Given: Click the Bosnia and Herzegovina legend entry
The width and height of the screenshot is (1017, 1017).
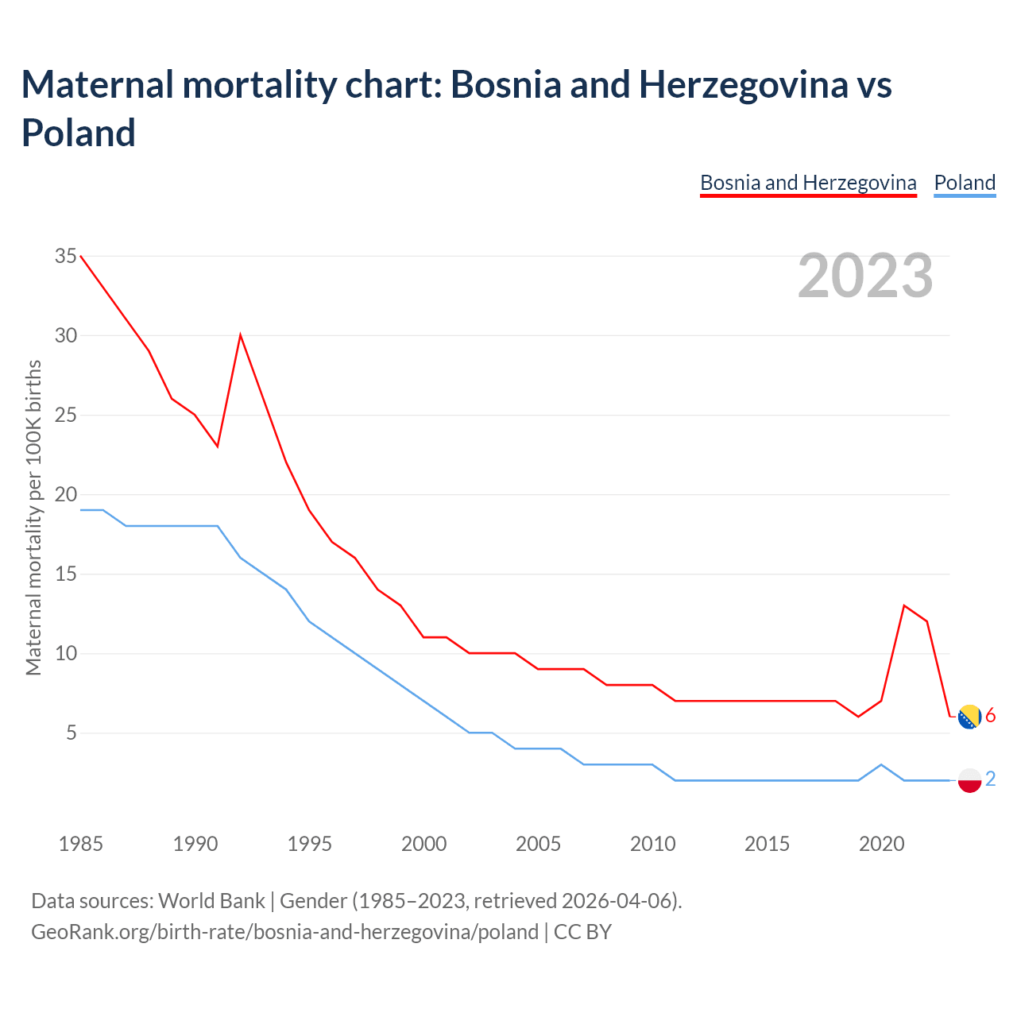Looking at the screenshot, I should pyautogui.click(x=808, y=183).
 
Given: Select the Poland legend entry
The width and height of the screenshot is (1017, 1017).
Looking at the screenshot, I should pyautogui.click(x=965, y=183).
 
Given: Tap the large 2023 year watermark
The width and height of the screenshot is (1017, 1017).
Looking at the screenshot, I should pyautogui.click(x=865, y=276).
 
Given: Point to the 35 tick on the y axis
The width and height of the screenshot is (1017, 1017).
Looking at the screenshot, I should pyautogui.click(x=66, y=256).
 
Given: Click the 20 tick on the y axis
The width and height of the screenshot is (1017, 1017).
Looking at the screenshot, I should pyautogui.click(x=66, y=494).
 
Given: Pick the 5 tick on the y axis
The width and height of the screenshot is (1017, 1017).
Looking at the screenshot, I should pyautogui.click(x=72, y=733).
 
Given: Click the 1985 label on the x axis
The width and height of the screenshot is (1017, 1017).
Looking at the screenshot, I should pyautogui.click(x=81, y=844).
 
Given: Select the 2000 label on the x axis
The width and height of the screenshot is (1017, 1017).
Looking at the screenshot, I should pyautogui.click(x=424, y=844).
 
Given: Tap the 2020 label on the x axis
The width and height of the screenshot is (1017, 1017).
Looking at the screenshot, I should pyautogui.click(x=882, y=844).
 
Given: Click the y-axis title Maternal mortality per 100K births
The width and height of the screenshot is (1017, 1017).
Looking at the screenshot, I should pyautogui.click(x=33, y=518).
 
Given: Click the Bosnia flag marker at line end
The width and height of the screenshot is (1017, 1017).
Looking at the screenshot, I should pyautogui.click(x=969, y=717).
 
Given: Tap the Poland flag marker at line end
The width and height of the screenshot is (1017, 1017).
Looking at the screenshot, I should pyautogui.click(x=969, y=780).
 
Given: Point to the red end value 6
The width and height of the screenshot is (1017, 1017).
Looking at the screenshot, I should pyautogui.click(x=991, y=716).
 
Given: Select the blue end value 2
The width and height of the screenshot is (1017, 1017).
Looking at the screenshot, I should pyautogui.click(x=991, y=779).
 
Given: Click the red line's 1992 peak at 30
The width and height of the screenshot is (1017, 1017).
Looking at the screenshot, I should pyautogui.click(x=241, y=335).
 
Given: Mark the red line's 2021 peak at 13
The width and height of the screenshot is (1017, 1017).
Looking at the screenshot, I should pyautogui.click(x=904, y=605).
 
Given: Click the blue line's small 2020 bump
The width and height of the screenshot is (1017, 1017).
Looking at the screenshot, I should pyautogui.click(x=881, y=764).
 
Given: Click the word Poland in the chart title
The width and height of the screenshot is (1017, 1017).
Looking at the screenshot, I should pyautogui.click(x=79, y=133).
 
